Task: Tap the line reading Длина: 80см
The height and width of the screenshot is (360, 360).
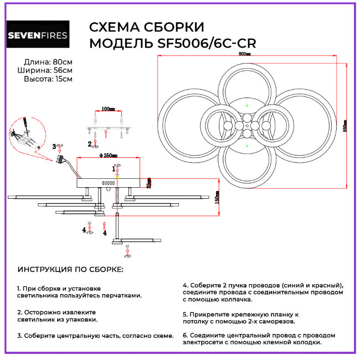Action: tap(48, 61)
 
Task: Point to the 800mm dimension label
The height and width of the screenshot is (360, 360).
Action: tap(244, 54)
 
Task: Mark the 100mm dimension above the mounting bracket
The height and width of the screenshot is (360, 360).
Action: tap(109, 110)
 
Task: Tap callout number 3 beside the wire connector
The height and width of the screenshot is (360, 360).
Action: tap(54, 146)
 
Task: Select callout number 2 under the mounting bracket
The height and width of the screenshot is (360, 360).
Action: tap(90, 144)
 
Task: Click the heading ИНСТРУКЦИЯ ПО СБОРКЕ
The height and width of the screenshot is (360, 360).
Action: tap(70, 269)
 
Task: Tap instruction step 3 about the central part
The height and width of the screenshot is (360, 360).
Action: tap(95, 336)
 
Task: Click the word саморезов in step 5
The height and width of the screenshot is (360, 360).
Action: tap(276, 321)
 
